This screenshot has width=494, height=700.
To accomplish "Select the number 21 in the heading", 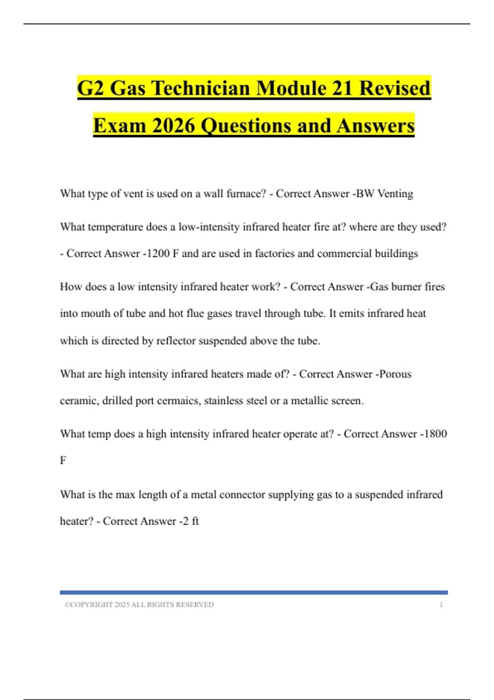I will [342, 88].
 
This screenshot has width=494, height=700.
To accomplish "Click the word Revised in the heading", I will [395, 88].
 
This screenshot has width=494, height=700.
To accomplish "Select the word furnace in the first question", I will [247, 194].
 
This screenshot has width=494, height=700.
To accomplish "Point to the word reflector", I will [176, 341].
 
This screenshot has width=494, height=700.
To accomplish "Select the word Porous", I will [395, 374].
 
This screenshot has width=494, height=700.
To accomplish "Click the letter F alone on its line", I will [63, 460].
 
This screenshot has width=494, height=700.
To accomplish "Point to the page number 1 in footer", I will [441, 605].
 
